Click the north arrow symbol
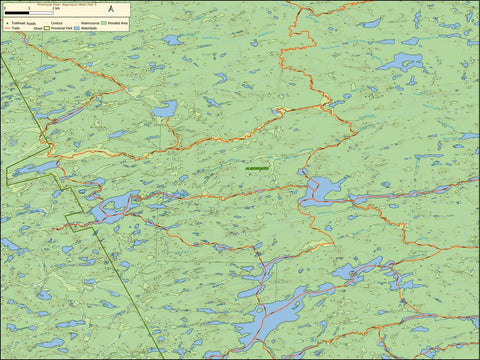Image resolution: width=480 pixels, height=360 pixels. coord(112,9)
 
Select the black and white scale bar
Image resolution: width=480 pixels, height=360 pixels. coord(29,13)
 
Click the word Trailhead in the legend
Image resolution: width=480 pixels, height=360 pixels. coord(16,23)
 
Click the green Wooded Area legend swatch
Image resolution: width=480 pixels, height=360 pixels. coord(104,23)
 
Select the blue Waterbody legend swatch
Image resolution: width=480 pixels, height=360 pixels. coord(75,29)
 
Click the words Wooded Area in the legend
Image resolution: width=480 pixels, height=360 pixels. coord(118,23)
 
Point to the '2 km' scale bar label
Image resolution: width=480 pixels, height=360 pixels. coord(56,8)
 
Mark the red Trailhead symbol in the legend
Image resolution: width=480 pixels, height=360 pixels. coord(7,23)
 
